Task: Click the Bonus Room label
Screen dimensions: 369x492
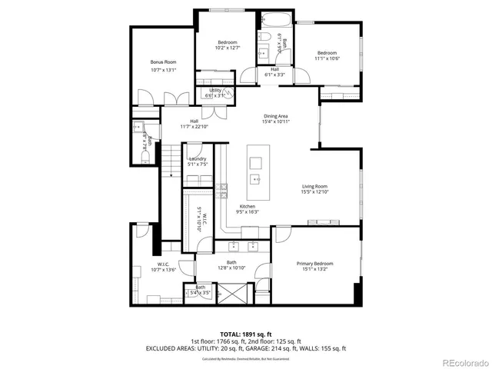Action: [x=163, y=61]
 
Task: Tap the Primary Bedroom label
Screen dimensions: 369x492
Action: [x=314, y=263]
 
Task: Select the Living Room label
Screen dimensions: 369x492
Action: [x=314, y=186]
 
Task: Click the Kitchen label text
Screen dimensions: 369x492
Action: [x=247, y=207]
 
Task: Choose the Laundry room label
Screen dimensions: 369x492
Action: [x=198, y=159]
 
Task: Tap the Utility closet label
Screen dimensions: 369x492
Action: [x=216, y=91]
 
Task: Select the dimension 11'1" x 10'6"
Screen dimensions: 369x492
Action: [x=327, y=58]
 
